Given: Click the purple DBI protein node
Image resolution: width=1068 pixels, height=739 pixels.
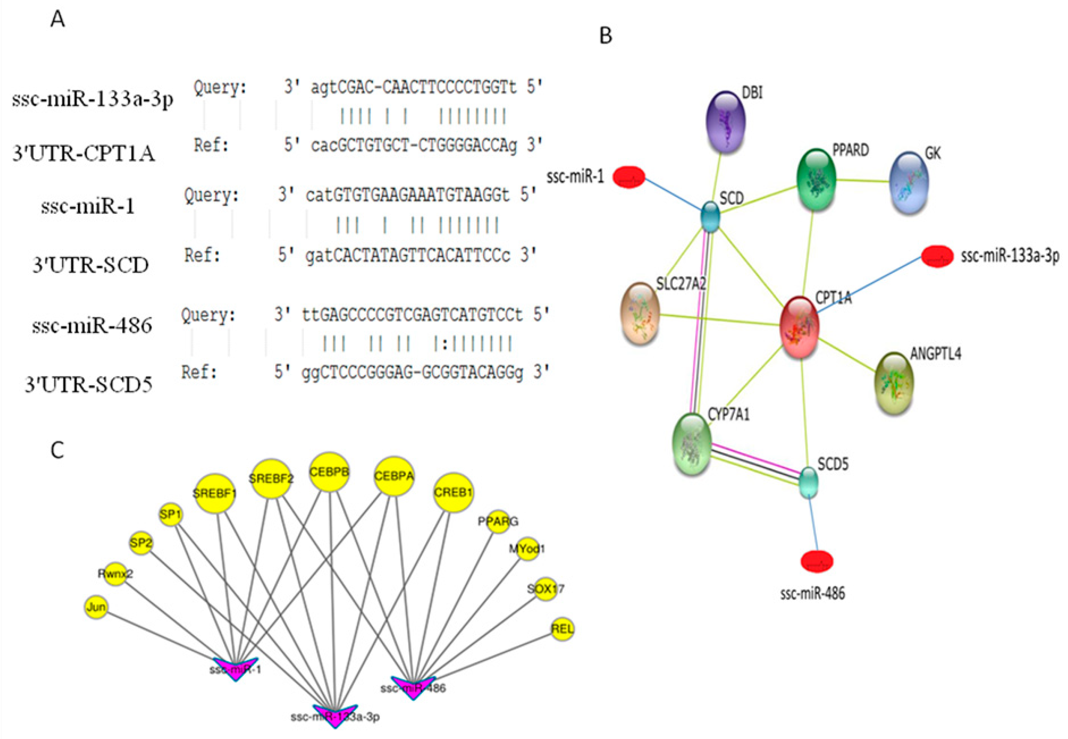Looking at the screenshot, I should point(726,121).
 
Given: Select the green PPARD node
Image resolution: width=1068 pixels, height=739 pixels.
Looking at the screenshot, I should point(816,179).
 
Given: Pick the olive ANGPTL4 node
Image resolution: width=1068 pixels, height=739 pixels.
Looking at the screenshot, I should point(893,382).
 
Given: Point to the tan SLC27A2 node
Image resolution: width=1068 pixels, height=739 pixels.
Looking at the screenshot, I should point(640,314).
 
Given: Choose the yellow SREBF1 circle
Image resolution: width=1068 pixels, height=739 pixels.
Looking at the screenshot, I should point(214,493).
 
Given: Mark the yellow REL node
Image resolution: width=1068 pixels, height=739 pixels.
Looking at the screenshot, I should point(562,629).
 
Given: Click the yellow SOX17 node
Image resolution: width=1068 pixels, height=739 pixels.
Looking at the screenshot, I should point(545,589).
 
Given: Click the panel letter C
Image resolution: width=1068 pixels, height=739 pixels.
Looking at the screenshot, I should point(57,450).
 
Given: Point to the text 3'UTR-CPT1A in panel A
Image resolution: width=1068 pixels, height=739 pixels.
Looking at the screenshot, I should point(83,153).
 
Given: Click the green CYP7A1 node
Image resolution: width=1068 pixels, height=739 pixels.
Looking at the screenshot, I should point(691,444).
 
